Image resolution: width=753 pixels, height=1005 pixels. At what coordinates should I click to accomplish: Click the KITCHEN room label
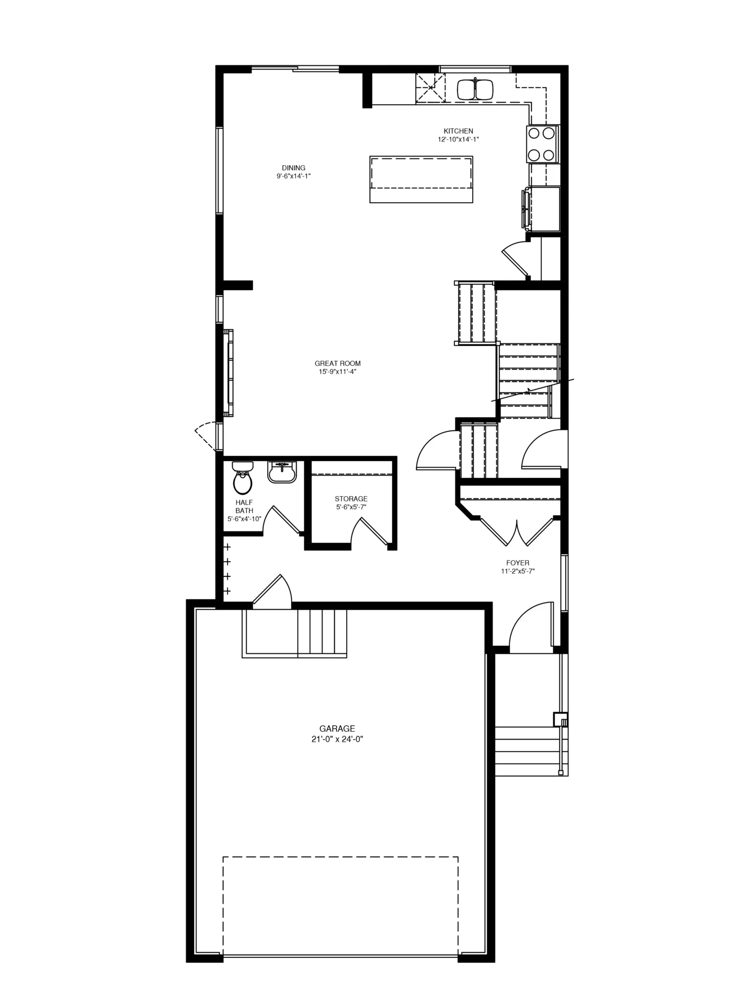[x=458, y=131]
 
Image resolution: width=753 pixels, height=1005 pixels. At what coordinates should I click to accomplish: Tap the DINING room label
[x=293, y=168]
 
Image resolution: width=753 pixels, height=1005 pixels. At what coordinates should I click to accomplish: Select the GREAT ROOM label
[x=337, y=363]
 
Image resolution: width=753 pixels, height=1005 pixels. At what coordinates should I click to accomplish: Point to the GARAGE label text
[x=337, y=729]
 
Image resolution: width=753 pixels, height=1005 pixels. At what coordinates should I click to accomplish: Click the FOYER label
[x=518, y=563]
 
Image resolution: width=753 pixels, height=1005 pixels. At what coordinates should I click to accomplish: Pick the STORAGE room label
[x=351, y=499]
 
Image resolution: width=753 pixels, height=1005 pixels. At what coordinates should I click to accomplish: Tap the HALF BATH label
[x=244, y=507]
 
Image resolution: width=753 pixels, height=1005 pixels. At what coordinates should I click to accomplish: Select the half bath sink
[x=282, y=472]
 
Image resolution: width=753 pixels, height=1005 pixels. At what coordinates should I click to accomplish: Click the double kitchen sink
[x=475, y=89]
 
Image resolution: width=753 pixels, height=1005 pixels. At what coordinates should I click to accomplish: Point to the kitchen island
[x=421, y=179]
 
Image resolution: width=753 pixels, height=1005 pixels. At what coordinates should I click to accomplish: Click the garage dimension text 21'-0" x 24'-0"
[x=337, y=740]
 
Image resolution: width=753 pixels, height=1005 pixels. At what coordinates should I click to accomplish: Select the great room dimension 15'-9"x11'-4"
[x=337, y=372]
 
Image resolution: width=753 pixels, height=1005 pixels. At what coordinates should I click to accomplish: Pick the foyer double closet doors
[x=517, y=531]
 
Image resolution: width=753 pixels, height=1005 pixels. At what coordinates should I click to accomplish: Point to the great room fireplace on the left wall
[x=228, y=373]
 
